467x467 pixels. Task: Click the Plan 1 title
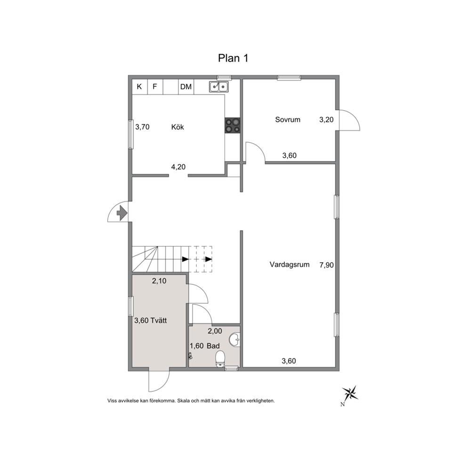[233, 58]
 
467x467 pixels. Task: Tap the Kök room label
[177, 127]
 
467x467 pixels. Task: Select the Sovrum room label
[288, 120]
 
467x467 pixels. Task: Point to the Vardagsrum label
[290, 265]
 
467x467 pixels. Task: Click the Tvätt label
[159, 321]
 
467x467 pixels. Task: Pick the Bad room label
[213, 346]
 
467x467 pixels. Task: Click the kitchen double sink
[218, 86]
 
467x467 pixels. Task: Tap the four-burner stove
[232, 125]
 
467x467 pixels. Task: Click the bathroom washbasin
[235, 339]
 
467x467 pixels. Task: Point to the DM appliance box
[186, 87]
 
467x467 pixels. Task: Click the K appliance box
[140, 87]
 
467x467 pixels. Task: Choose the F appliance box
[155, 87]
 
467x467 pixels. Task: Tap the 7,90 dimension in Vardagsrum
[326, 265]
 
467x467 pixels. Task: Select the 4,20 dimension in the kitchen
[178, 167]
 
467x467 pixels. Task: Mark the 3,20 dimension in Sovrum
[326, 120]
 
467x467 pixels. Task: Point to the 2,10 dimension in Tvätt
[159, 281]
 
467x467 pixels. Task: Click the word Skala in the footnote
[183, 401]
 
